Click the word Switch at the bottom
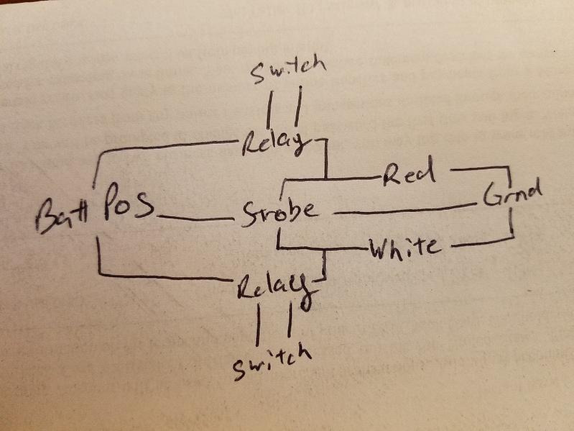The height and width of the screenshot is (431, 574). point(272,361)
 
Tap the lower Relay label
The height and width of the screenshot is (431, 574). point(274,289)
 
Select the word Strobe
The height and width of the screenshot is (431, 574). point(279,212)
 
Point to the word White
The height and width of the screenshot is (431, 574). point(404,248)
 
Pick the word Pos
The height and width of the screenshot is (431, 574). point(128,203)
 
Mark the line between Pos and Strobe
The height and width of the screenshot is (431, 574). point(196,219)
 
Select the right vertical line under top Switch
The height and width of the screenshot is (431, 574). point(298,106)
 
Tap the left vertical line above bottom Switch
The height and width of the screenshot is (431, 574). point(258,325)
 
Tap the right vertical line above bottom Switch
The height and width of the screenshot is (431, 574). point(290,319)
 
